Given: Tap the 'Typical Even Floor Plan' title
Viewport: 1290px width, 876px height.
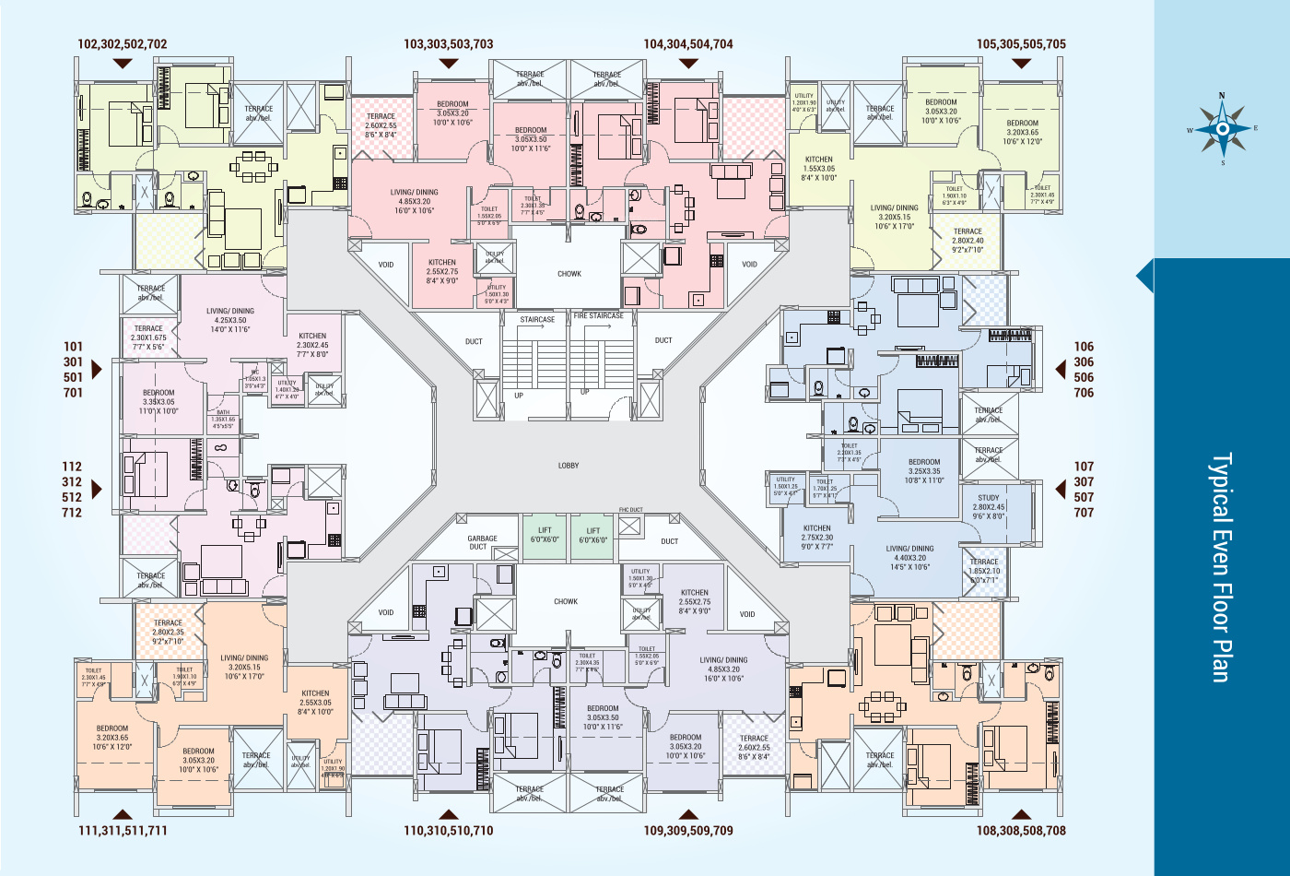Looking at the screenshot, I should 1221,567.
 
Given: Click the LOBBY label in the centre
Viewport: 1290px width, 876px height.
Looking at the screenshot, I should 569,466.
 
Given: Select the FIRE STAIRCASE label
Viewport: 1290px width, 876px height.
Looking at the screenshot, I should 599,316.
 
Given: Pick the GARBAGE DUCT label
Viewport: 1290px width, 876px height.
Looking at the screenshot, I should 482,542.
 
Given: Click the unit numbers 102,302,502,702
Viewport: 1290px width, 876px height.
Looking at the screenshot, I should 123,44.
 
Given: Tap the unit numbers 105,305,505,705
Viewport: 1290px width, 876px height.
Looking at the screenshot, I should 1021,44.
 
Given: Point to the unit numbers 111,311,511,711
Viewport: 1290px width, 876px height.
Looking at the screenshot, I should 123,831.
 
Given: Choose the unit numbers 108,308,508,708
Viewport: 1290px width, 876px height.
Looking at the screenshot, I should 1021,831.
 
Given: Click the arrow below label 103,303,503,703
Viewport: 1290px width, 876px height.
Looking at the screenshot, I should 449,64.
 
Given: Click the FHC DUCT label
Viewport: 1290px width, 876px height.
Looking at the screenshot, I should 630,510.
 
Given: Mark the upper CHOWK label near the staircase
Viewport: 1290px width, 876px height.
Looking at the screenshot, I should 569,274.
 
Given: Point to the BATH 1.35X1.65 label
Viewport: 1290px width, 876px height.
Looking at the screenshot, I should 224,420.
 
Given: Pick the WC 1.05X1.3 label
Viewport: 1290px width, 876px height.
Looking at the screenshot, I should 255,378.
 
